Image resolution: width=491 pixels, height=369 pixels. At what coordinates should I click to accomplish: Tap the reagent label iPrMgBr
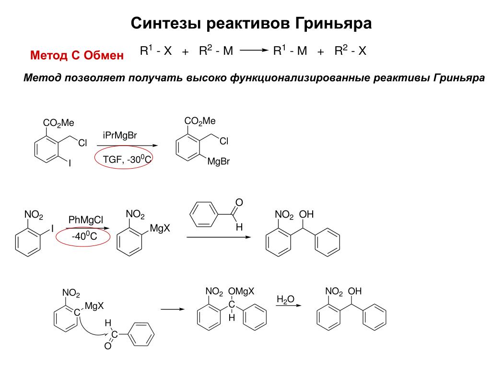click(120, 136)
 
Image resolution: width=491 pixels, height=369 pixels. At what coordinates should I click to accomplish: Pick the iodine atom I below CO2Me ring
click(70, 163)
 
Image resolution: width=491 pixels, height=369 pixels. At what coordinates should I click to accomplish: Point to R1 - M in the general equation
click(290, 51)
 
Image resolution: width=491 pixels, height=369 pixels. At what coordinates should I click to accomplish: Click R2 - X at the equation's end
click(350, 51)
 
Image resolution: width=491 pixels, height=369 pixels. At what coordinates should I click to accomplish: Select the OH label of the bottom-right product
click(355, 292)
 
